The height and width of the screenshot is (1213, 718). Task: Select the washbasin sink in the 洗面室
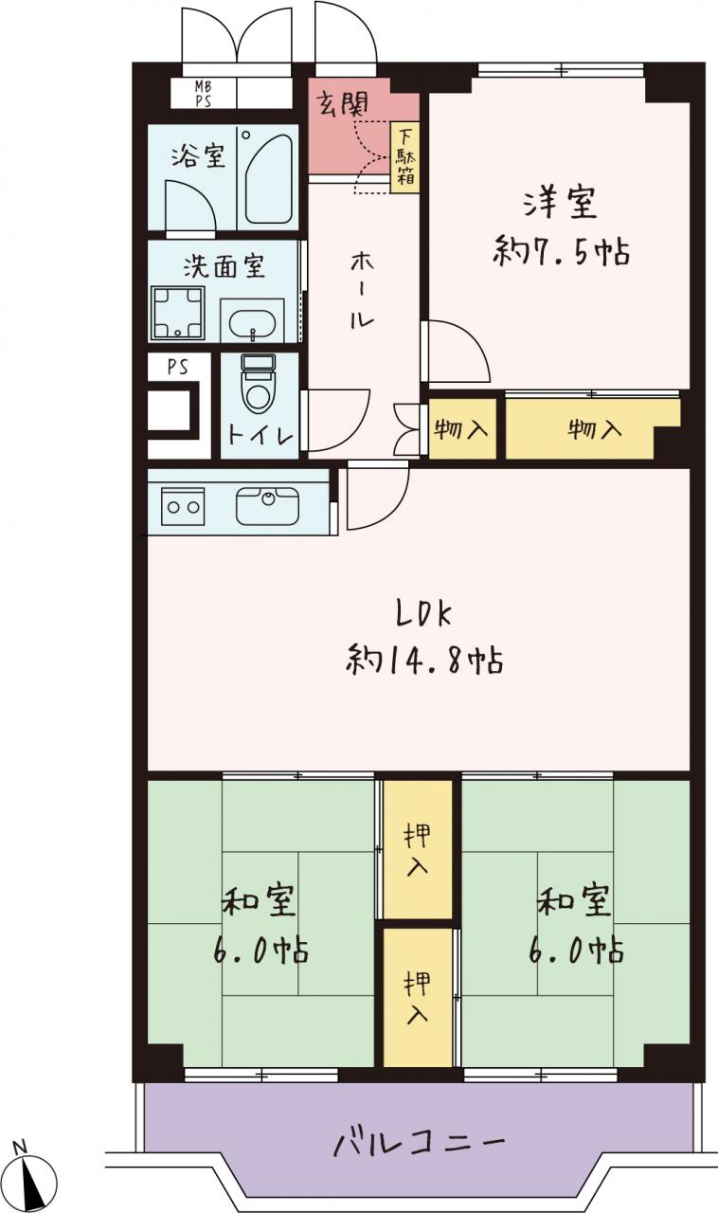tap(252, 323)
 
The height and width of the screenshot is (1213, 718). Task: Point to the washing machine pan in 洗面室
tap(177, 313)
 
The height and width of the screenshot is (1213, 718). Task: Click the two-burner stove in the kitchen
tap(183, 506)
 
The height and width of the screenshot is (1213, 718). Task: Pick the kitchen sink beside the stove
tap(267, 505)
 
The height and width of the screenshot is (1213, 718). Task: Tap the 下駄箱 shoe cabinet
tap(405, 157)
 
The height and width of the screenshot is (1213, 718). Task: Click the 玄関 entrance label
tap(343, 103)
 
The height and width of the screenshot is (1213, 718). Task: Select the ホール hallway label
tap(362, 290)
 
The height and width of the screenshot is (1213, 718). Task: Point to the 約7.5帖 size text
tap(561, 251)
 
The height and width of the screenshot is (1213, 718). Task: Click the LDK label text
tap(424, 614)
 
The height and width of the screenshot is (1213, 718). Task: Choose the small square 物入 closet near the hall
tap(462, 429)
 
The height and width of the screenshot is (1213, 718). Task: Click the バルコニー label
tap(419, 1140)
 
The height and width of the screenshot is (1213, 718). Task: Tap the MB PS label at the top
tap(204, 93)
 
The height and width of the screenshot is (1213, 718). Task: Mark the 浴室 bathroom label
tap(198, 156)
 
